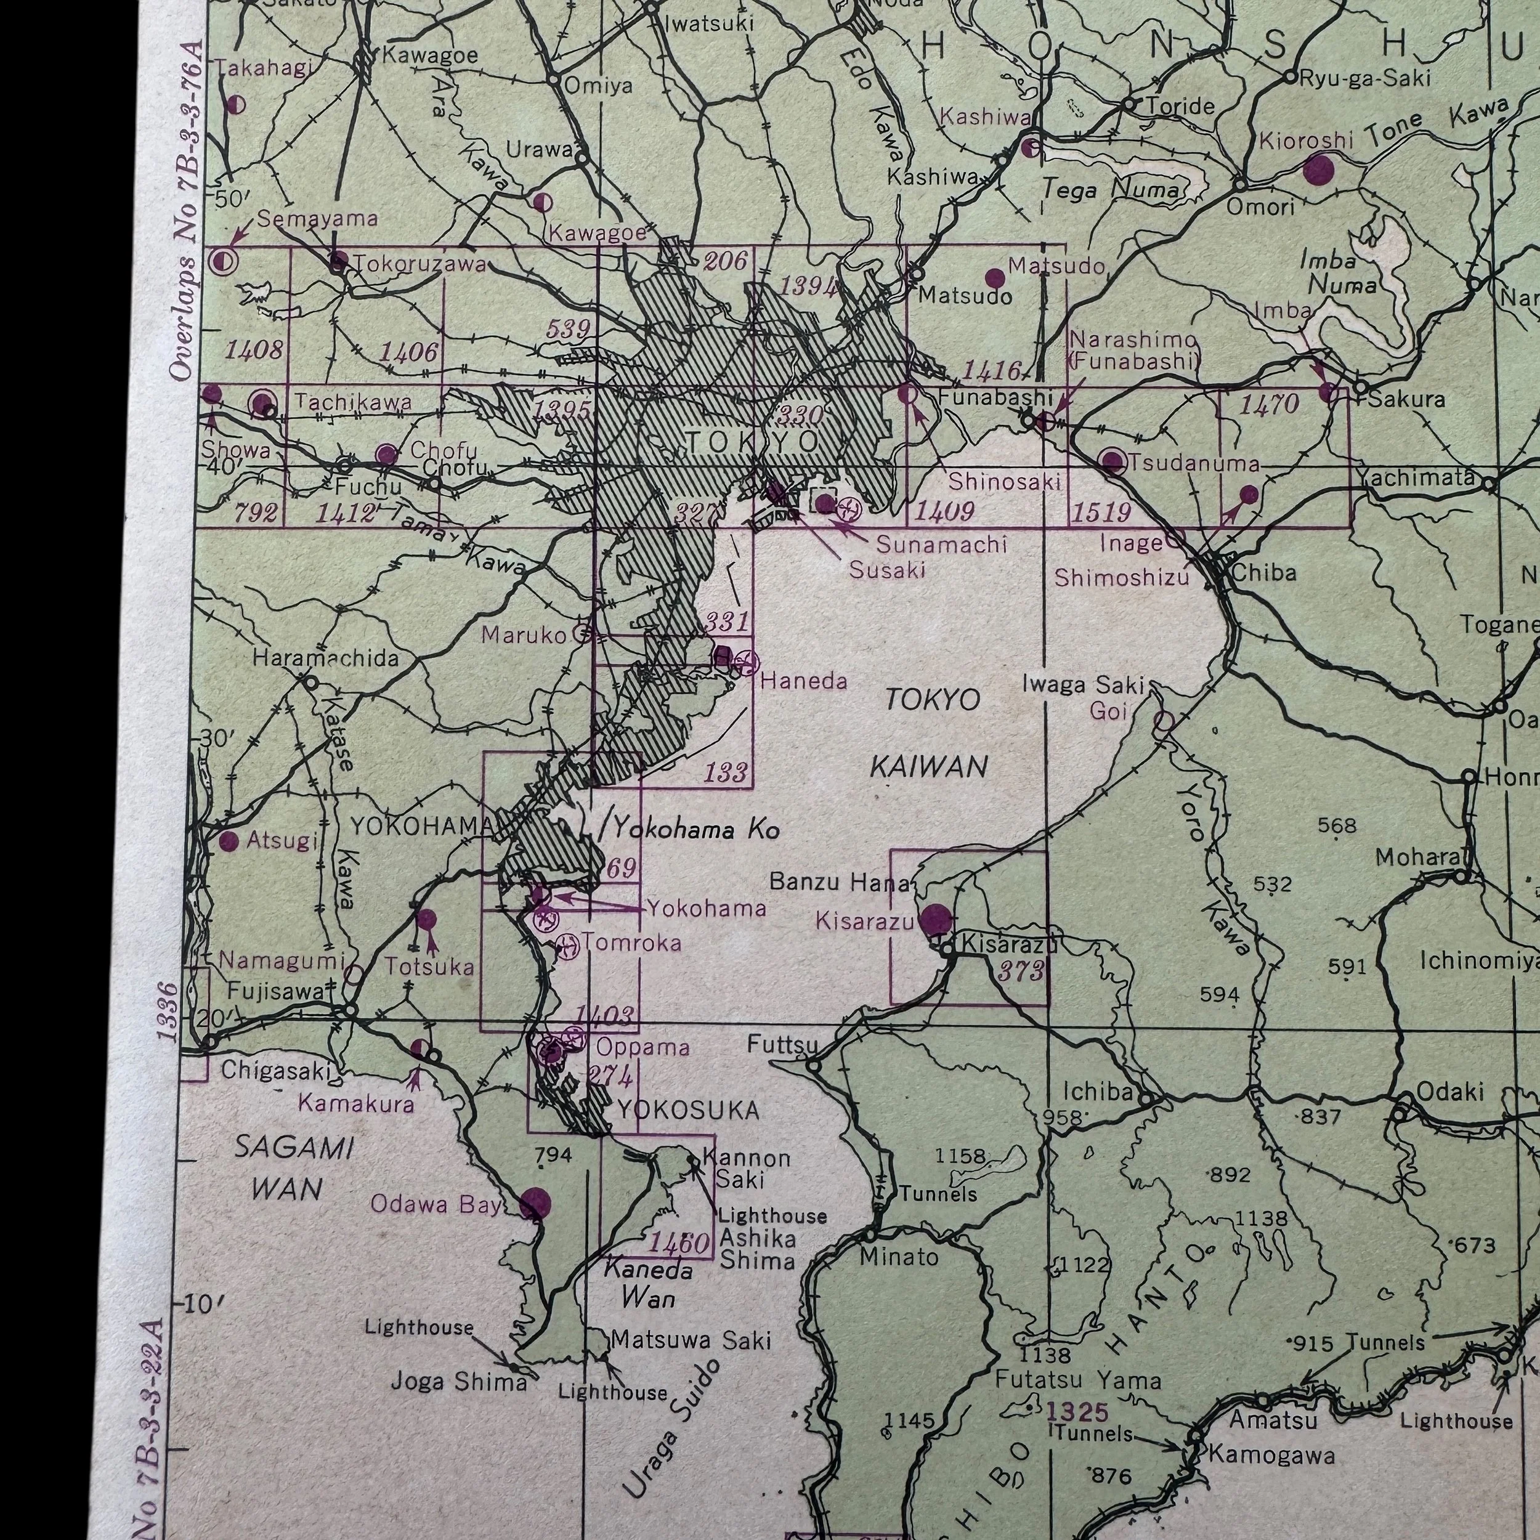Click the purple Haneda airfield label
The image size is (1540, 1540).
[x=803, y=681]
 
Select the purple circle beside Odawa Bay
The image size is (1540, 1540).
[x=534, y=1204]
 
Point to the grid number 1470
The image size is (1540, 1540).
[x=1269, y=405]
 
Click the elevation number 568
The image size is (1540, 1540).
[x=1337, y=826]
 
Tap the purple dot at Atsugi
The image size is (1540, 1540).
[x=229, y=841]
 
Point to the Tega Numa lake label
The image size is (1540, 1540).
[x=1112, y=190]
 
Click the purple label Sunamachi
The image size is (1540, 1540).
[x=941, y=545]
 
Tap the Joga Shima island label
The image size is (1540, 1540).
[x=458, y=1380]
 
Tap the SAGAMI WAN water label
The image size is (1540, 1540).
[x=293, y=1169]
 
